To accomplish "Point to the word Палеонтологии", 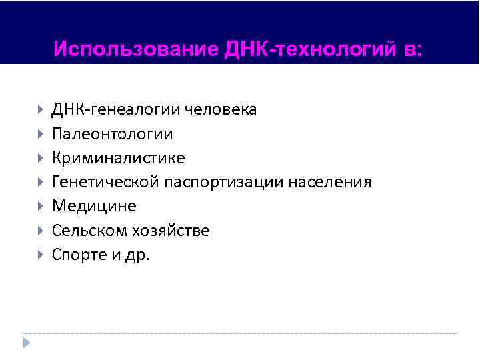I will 113,134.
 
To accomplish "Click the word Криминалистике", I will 119,158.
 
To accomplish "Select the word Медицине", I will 94,206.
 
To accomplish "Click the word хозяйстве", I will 173,231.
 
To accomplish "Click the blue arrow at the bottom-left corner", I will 27,342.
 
